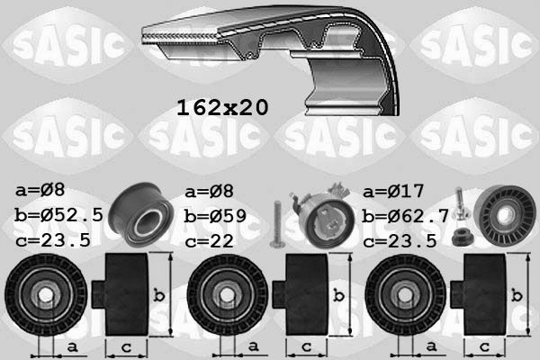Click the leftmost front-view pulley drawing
click(x=42, y=294)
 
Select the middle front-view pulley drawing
click(x=222, y=294)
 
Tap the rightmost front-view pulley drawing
click(x=402, y=294)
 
